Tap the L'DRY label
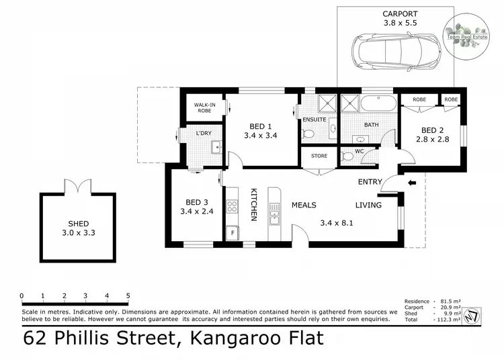click(x=204, y=133)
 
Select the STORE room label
click(x=319, y=156)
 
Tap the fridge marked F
click(x=233, y=233)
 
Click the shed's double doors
click(x=76, y=186)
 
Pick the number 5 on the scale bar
click(x=128, y=296)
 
